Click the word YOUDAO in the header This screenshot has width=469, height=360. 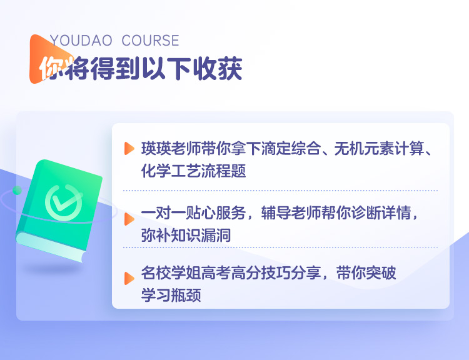81,41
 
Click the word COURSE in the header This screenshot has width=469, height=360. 151,41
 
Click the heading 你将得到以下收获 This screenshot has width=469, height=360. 141,69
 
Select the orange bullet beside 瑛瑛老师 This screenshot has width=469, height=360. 129,149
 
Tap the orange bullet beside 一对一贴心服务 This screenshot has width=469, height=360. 129,219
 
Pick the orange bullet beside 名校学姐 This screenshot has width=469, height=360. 129,278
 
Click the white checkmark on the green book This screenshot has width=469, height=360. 65,201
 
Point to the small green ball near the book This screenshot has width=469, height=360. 17,190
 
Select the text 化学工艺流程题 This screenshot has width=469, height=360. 193,171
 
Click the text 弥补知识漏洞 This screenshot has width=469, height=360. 186,236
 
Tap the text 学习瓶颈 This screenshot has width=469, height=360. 171,295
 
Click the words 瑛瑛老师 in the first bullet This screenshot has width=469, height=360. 171,149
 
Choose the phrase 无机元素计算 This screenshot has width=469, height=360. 380,149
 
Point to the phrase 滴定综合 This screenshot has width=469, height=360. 291,149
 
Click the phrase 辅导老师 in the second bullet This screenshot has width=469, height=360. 291,213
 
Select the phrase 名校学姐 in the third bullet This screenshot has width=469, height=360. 171,272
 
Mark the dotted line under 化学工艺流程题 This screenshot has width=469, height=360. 280,190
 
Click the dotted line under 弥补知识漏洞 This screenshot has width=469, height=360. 280,247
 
